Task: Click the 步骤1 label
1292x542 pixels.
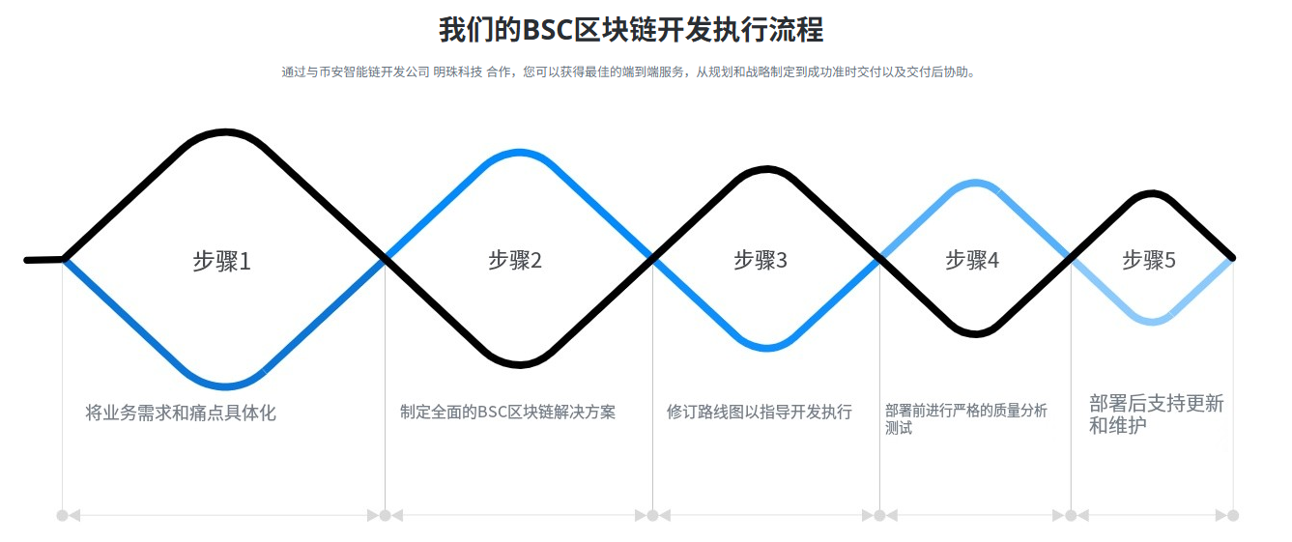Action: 221,261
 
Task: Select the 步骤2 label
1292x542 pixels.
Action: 515,260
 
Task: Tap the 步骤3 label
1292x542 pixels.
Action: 761,260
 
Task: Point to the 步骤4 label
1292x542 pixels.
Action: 972,260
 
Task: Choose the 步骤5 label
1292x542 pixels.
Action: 1149,260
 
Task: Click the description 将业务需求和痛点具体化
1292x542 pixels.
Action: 181,413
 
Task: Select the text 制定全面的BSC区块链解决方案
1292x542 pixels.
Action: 507,412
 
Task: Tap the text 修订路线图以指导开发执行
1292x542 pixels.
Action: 760,412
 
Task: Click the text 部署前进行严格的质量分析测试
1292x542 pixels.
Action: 965,418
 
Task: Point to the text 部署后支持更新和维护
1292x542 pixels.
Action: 1156,414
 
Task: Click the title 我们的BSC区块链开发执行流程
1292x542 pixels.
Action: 631,29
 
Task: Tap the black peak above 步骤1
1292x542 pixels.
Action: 225,132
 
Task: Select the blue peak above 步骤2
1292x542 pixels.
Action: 520,153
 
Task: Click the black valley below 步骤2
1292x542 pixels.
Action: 519,364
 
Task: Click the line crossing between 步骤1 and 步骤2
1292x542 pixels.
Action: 386,258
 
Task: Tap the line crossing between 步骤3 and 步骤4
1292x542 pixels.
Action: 880,258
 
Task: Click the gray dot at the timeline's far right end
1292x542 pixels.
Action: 1233,515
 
